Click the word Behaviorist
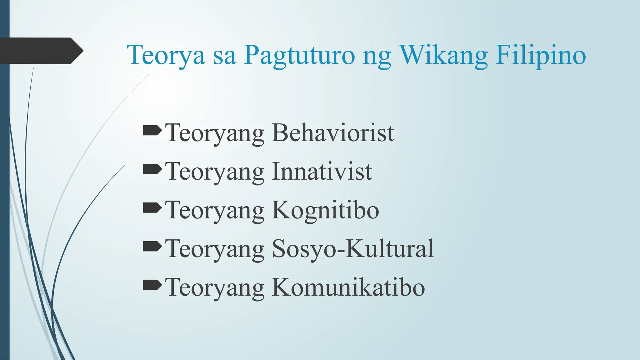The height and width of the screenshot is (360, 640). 333,133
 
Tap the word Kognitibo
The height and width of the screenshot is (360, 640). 325,210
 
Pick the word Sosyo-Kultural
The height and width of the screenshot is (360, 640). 353,249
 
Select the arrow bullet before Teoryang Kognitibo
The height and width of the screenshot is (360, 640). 152,208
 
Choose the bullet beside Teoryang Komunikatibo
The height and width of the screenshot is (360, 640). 152,285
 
